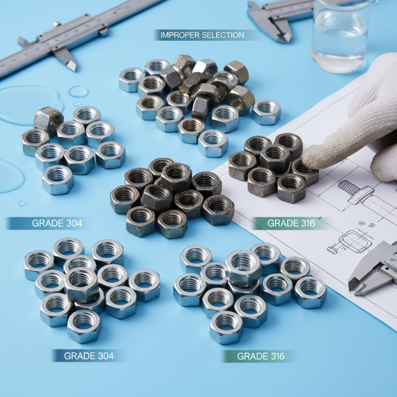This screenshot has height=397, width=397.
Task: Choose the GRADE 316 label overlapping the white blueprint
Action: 291,223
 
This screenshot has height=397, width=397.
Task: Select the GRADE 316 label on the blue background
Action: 261,356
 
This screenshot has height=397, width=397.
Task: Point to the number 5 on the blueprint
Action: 372,225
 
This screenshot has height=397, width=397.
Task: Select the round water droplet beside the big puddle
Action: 78,91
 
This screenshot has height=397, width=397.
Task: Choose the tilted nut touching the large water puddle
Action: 48,119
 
